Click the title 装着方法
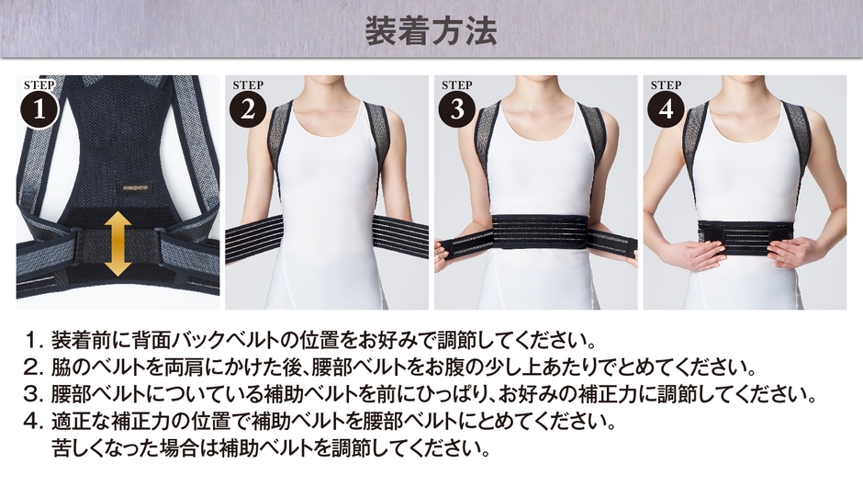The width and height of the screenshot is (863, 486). coord(431,30)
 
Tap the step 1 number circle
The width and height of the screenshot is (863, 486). coord(39,109)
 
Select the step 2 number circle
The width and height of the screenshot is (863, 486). coord(248,109)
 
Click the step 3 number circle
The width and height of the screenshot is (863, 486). coord(457,109)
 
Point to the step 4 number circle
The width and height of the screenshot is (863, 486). coord(667,109)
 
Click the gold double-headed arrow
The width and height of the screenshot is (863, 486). coord(118,244)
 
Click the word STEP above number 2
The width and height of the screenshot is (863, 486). coord(248,85)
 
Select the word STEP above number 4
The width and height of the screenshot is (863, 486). coord(666,85)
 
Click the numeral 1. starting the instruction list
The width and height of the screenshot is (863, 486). coord(34,340)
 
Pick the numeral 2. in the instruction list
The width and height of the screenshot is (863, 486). coord(34,367)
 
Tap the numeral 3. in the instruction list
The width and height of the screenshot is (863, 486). coord(34,394)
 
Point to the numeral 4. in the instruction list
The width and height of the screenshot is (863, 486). coord(34,422)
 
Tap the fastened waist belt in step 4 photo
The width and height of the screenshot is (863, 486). coord(745,238)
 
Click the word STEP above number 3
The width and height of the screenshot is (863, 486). coord(457,85)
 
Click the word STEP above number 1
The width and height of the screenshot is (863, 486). coord(39,85)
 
